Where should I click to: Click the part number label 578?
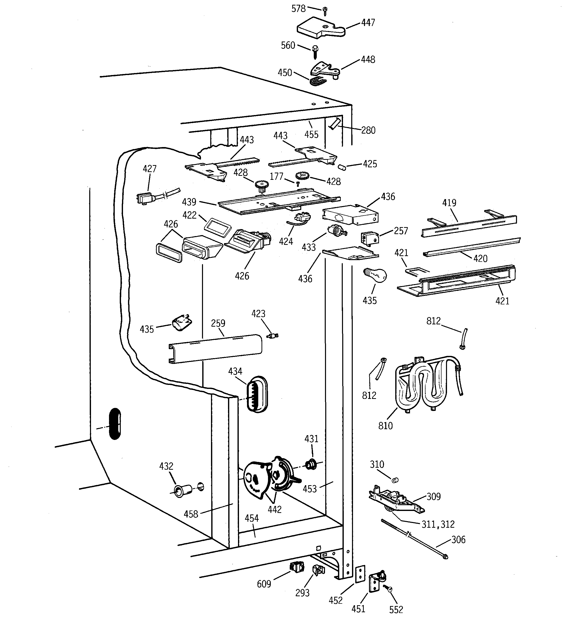click(x=298, y=9)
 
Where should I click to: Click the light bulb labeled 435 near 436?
click(x=376, y=275)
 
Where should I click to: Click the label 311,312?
click(x=438, y=524)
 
